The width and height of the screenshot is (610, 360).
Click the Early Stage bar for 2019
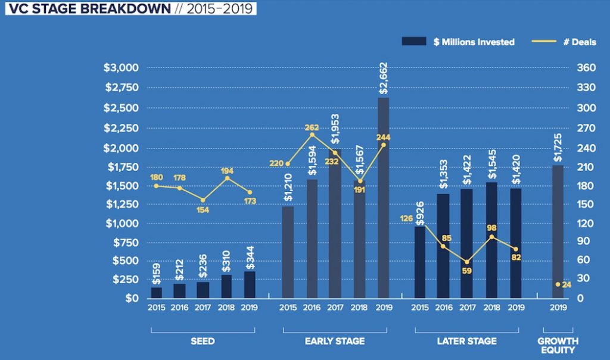(x=383, y=198)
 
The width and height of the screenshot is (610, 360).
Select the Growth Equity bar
(x=558, y=232)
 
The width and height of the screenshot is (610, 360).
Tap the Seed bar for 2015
(x=156, y=292)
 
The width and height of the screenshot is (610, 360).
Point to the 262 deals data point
(x=311, y=135)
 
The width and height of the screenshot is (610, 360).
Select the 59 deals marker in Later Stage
(x=467, y=262)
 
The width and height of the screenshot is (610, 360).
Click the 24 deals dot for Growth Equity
(x=558, y=284)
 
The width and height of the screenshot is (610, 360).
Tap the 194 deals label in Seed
(x=226, y=171)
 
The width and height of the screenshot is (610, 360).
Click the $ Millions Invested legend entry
(x=459, y=42)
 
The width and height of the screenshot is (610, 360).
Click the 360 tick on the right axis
(x=586, y=68)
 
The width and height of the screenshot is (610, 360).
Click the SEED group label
(x=203, y=342)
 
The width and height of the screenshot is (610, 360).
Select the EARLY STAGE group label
(x=335, y=342)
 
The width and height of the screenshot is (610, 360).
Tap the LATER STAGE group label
(x=467, y=342)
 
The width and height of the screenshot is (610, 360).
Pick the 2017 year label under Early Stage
(x=335, y=308)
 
